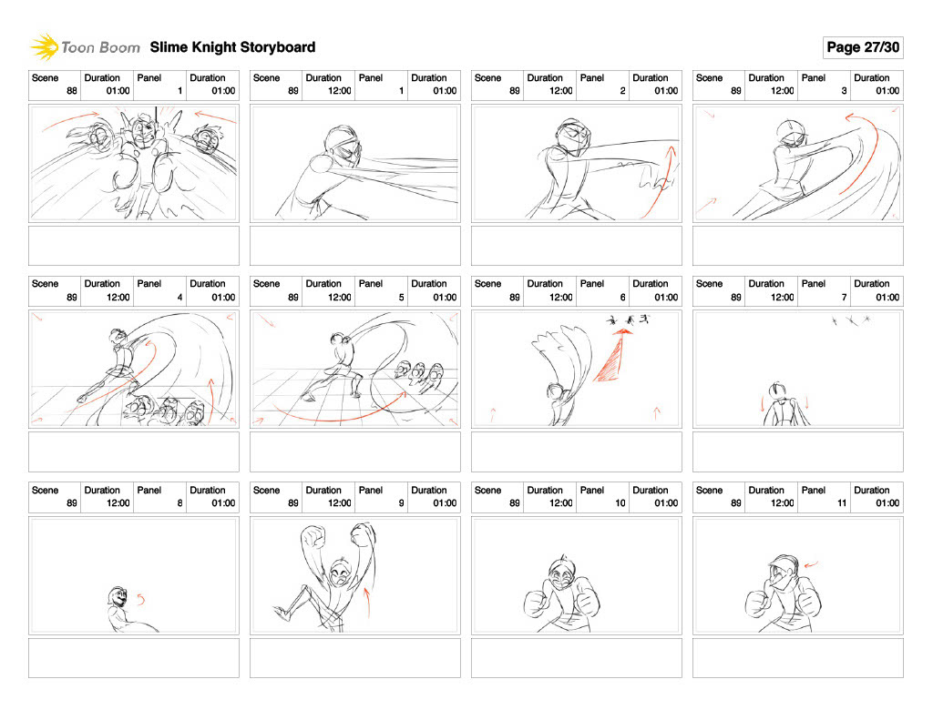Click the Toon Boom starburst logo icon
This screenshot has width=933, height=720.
click(x=44, y=47)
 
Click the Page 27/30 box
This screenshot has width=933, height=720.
click(x=863, y=47)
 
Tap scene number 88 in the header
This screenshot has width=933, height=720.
click(x=72, y=91)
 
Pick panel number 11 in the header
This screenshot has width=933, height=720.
click(x=841, y=503)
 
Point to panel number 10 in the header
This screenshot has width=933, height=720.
click(x=620, y=503)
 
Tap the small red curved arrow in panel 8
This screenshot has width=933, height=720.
click(x=141, y=599)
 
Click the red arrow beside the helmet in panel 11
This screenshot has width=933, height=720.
click(x=811, y=565)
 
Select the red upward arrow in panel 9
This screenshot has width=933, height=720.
click(x=367, y=602)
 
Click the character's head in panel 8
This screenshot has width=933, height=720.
click(x=118, y=597)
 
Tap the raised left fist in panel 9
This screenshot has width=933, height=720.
click(x=313, y=537)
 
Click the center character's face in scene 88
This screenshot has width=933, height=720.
click(x=143, y=134)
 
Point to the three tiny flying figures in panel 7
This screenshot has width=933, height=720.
click(x=851, y=321)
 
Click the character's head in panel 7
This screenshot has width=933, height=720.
click(x=776, y=391)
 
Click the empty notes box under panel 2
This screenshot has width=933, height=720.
click(x=577, y=246)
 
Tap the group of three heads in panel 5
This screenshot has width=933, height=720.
click(x=419, y=376)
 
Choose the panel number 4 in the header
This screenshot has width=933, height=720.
click(x=179, y=298)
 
